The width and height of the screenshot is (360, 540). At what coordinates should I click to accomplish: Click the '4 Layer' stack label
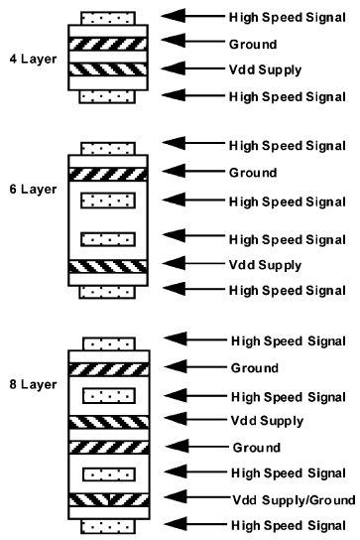point(30,61)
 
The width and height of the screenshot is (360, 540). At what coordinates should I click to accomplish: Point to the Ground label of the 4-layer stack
point(252,44)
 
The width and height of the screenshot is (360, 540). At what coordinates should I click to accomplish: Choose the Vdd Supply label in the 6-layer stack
point(264,264)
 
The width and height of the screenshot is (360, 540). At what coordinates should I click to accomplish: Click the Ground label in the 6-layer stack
point(252,173)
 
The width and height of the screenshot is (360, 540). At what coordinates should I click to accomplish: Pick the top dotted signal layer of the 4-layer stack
point(107,18)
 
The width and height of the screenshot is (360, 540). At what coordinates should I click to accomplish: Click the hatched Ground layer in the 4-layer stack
point(107,45)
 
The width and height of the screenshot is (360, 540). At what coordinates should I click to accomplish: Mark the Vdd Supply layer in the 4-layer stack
point(107,70)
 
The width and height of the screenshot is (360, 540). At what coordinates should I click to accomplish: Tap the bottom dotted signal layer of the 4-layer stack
point(107,96)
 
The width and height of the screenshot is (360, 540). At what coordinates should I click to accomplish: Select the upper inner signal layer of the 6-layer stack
point(107,201)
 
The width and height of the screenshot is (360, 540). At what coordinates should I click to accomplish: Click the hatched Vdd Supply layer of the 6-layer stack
point(107,266)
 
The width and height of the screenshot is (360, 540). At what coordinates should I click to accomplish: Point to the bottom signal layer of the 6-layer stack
point(107,291)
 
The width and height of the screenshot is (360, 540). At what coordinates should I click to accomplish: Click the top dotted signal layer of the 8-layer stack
point(107,343)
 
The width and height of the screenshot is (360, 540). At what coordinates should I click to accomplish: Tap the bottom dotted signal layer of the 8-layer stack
point(107,524)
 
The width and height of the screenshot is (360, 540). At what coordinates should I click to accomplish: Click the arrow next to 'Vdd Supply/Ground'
point(189,496)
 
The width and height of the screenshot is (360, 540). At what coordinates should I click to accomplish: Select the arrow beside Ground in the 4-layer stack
point(189,43)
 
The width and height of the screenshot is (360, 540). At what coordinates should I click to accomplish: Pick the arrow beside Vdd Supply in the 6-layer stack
point(189,264)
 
